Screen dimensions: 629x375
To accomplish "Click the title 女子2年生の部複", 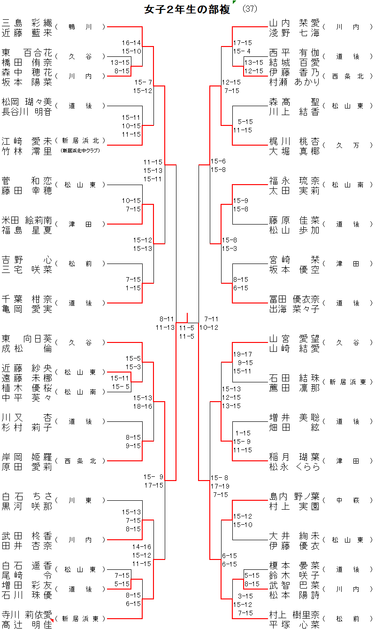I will point(187,9).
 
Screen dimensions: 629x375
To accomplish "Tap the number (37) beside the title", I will point(250,9).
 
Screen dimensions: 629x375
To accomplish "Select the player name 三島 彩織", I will point(27,23).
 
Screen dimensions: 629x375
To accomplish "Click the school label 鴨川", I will point(80,27).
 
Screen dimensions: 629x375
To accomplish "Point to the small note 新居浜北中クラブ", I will point(80,150).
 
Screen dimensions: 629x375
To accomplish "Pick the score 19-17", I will point(243,354).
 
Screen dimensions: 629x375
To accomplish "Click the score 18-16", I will point(142,406).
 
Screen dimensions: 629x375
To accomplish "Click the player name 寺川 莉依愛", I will point(27,614).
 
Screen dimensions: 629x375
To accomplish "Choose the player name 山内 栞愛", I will point(294,23).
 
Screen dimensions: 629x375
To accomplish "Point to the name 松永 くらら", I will point(294,466).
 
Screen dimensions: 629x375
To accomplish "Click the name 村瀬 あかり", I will point(294,82).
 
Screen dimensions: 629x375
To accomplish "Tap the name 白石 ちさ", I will point(27,496).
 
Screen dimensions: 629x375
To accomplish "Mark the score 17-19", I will point(220,486).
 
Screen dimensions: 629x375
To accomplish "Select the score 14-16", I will point(141,547).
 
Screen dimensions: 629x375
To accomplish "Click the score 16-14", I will point(131,43).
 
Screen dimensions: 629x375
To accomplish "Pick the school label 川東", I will point(80,501).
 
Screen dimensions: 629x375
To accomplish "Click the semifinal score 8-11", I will point(167,318).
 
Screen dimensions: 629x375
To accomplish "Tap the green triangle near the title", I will point(234,3).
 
